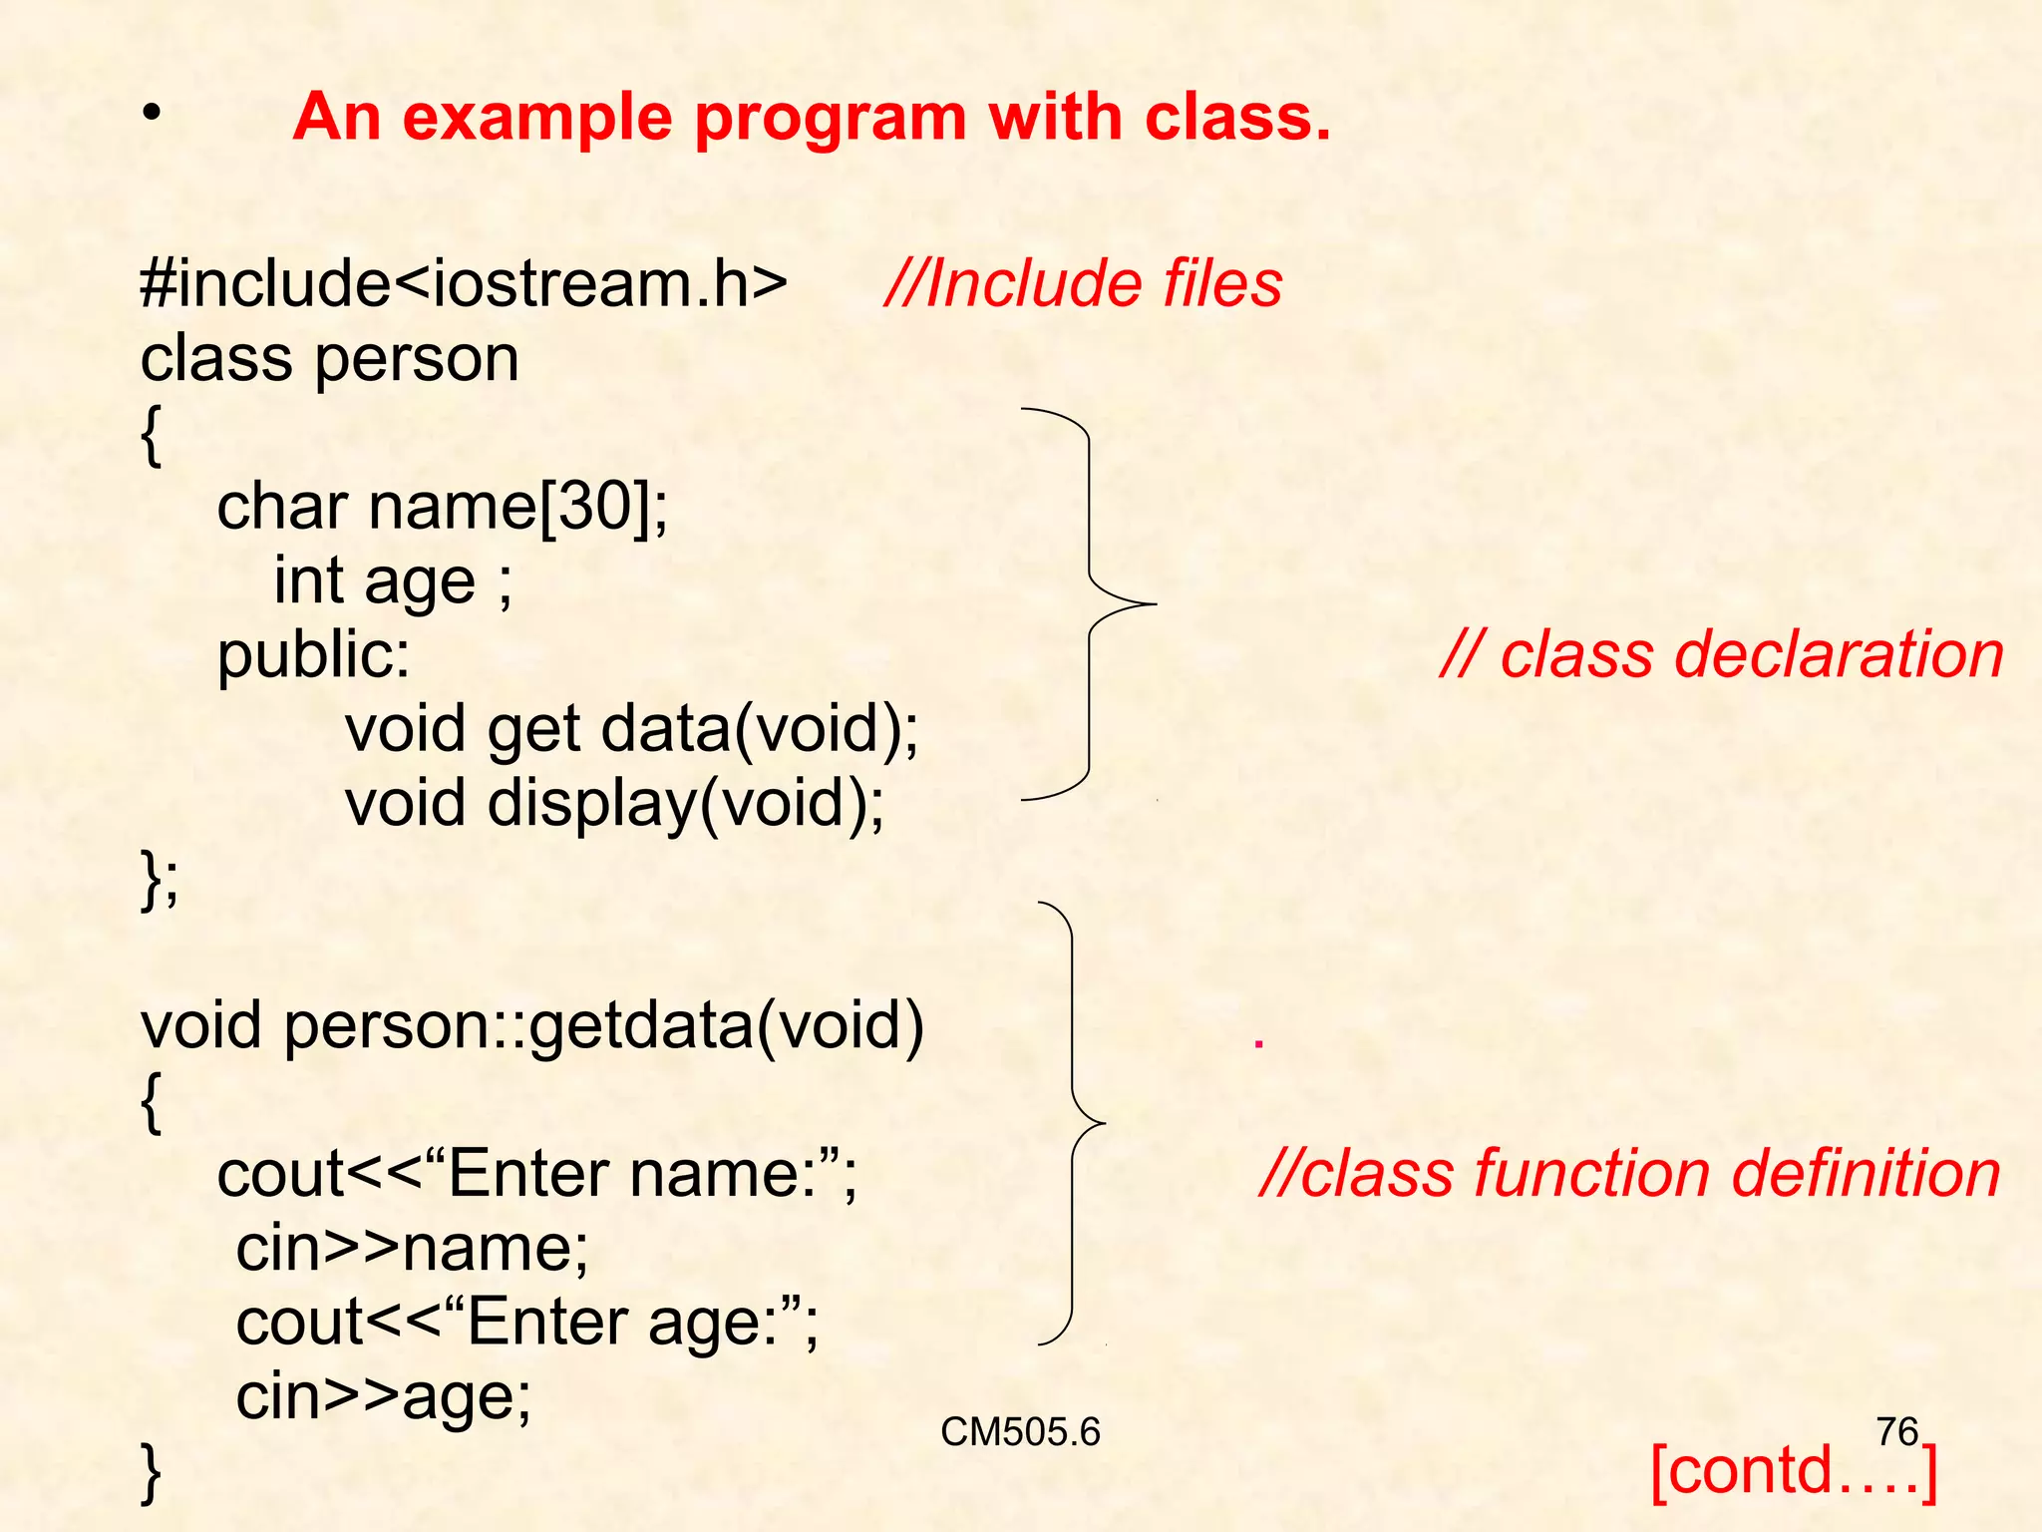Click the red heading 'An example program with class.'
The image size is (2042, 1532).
pyautogui.click(x=811, y=118)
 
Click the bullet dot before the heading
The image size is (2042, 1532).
pyautogui.click(x=151, y=114)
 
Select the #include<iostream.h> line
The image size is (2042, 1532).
pyautogui.click(x=464, y=283)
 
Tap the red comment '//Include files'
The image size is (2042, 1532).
pyautogui.click(x=1083, y=283)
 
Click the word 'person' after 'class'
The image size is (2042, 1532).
pyautogui.click(x=417, y=358)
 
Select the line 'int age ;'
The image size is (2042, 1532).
pyautogui.click(x=393, y=580)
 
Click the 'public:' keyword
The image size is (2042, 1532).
pyautogui.click(x=313, y=655)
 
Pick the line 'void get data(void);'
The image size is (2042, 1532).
pyautogui.click(x=631, y=729)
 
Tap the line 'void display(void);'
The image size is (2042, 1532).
pyautogui.click(x=614, y=803)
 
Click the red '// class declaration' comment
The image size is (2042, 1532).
pyautogui.click(x=1722, y=655)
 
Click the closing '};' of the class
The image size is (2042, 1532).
pyautogui.click(x=160, y=878)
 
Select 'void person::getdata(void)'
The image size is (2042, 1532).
pyautogui.click(x=532, y=1025)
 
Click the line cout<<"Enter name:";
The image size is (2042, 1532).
pyautogui.click(x=536, y=1174)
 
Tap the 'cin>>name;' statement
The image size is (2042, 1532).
pyautogui.click(x=413, y=1248)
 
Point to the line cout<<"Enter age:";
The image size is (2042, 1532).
pyautogui.click(x=526, y=1323)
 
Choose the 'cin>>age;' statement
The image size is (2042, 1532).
pyautogui.click(x=384, y=1396)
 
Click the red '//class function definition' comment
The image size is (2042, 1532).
pyautogui.click(x=1629, y=1174)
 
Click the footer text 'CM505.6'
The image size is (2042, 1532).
pyautogui.click(x=1019, y=1432)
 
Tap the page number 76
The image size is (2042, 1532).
pyautogui.click(x=1896, y=1432)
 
